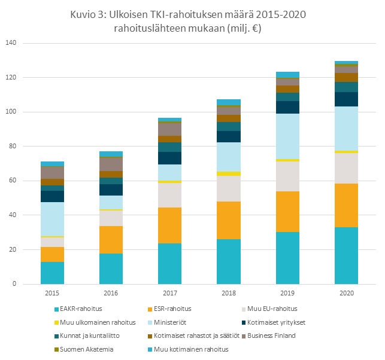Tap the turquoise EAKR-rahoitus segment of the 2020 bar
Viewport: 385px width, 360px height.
[346, 255]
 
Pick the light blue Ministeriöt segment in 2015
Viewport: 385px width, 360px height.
[53, 219]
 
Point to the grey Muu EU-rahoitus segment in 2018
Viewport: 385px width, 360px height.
[229, 188]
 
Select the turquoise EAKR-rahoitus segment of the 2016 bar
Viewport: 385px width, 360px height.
[111, 269]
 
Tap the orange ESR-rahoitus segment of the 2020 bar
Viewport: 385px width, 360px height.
[346, 205]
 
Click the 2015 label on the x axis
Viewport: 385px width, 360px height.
[53, 294]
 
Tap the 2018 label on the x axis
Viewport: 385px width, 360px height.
[229, 294]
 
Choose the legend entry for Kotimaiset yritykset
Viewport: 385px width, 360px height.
[277, 322]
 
